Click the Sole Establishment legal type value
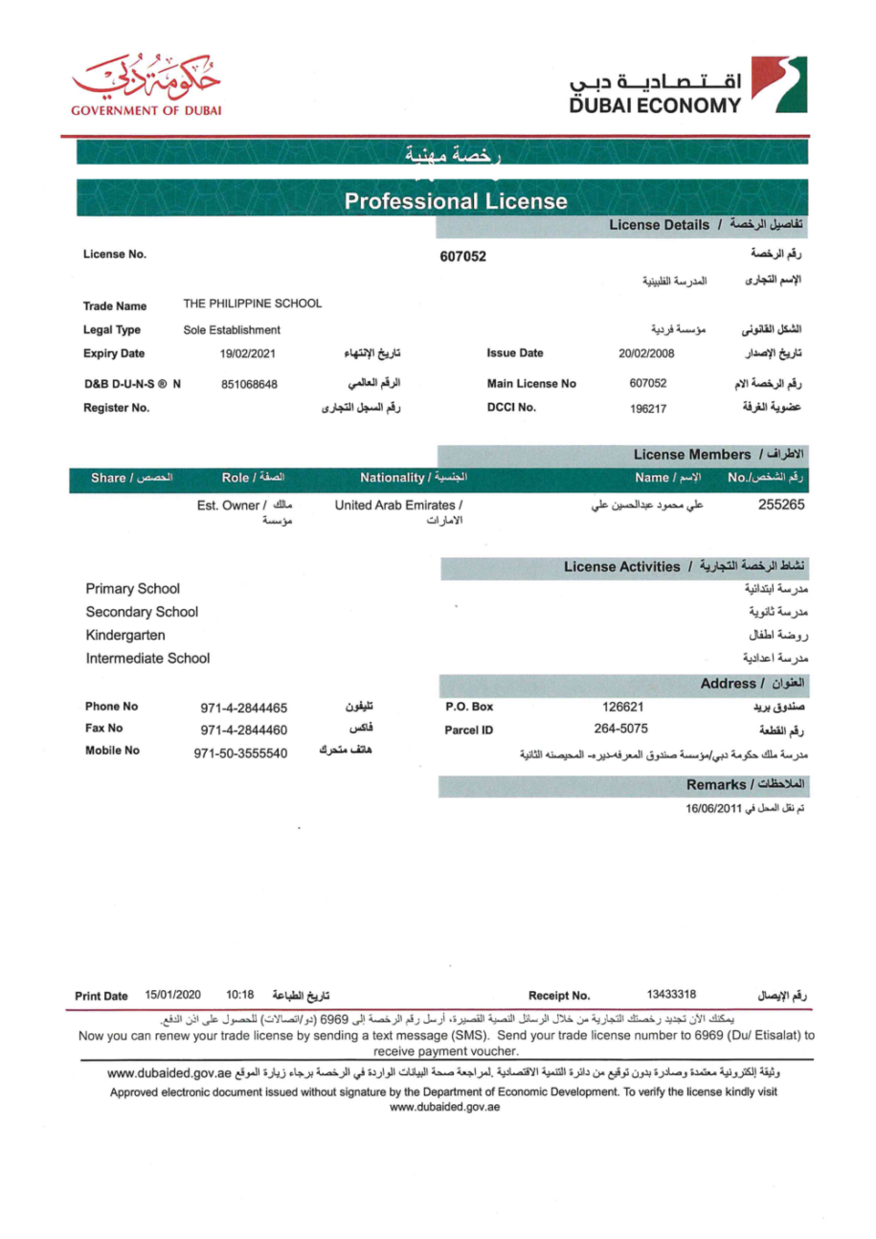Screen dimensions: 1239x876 coord(232,329)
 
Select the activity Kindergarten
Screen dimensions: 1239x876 coord(126,635)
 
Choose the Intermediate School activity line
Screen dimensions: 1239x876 coord(148,659)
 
